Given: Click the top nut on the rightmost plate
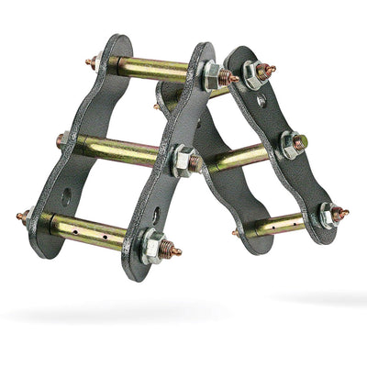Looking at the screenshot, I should point(256,72).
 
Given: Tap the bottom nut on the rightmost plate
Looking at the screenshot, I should point(327,215).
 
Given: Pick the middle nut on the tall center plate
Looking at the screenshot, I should point(182,160).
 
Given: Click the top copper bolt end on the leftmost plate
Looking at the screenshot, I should point(91,64).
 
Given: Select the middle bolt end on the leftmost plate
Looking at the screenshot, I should point(61,141).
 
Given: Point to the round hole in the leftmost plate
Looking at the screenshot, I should point(67,195).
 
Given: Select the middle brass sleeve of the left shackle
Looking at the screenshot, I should point(119,150).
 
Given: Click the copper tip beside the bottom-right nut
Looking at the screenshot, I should point(341,214).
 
